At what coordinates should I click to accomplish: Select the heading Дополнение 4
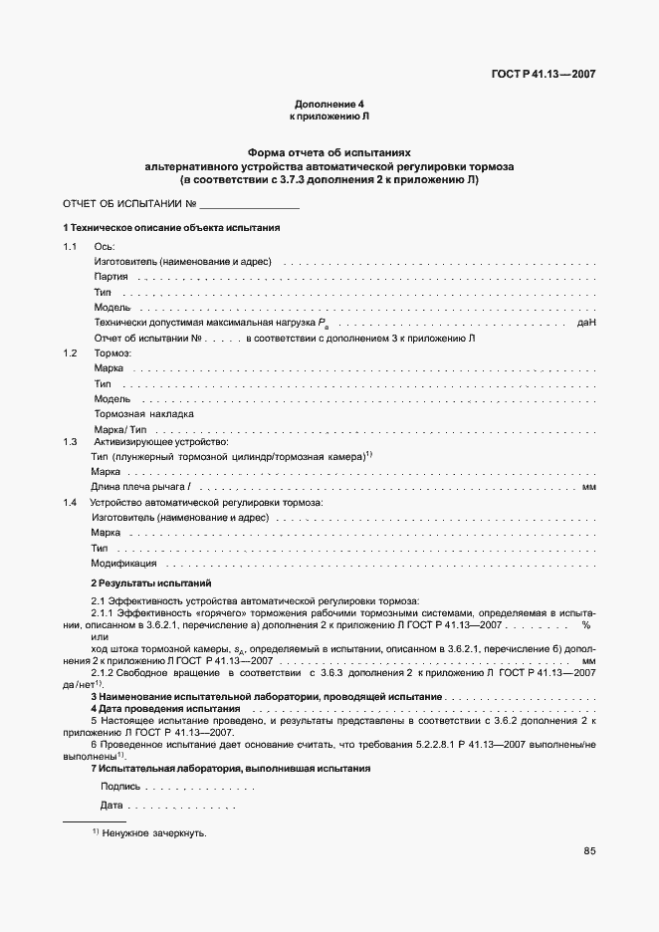pos(329,105)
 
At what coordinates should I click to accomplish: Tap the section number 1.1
pos(71,247)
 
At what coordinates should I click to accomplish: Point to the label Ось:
pos(105,247)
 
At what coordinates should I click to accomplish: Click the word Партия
pos(111,277)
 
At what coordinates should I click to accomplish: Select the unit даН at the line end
pos(585,324)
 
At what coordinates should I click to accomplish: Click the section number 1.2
pos(71,353)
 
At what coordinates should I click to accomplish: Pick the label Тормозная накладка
pos(143,413)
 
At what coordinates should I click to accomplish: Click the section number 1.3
pos(71,441)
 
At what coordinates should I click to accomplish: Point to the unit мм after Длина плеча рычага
pos(588,487)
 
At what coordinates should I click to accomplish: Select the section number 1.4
pos(71,503)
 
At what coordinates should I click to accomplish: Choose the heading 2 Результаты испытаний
pos(150,582)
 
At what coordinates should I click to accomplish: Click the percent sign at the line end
pos(586,624)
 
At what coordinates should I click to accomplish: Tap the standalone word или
pos(99,636)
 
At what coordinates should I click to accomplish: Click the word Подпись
pos(120,787)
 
